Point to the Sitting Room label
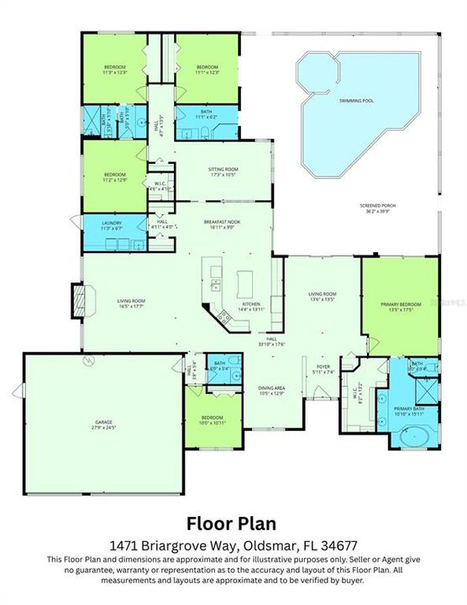point(223,170)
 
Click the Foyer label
point(323,368)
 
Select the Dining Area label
point(271,389)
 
